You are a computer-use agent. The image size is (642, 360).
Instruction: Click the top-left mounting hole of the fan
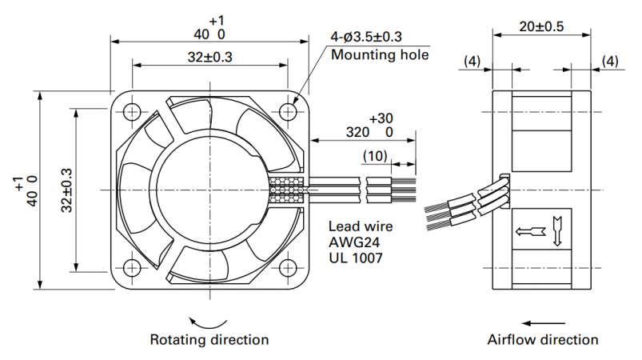[132, 111]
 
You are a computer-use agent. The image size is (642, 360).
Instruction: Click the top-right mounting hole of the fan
[288, 111]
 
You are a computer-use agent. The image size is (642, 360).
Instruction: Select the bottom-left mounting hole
[132, 268]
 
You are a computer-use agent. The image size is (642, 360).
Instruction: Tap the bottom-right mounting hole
[288, 268]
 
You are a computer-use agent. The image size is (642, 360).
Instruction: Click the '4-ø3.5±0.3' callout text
[366, 37]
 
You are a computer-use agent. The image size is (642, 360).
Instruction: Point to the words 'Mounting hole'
[380, 54]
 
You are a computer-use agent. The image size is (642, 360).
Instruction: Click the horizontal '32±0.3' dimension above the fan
[210, 57]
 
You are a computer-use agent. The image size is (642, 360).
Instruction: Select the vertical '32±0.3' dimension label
[66, 190]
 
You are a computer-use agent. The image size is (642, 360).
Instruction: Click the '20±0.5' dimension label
[542, 26]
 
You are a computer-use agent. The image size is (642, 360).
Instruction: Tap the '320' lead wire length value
[358, 132]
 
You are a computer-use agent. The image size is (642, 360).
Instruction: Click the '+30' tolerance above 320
[381, 118]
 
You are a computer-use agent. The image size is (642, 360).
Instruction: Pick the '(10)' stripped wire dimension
[375, 156]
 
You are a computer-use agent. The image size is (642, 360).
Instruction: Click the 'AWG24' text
[354, 242]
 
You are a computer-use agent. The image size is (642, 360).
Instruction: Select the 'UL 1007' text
[356, 258]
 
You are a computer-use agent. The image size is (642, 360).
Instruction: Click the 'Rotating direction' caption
[209, 339]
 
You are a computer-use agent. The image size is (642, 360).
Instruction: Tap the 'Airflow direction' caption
[543, 339]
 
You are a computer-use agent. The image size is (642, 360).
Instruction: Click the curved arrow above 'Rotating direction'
[208, 326]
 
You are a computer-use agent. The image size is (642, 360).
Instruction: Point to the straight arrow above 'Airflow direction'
[544, 323]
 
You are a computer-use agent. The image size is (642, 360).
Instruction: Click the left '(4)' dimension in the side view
[472, 62]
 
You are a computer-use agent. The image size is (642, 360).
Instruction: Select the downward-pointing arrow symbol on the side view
[556, 231]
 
